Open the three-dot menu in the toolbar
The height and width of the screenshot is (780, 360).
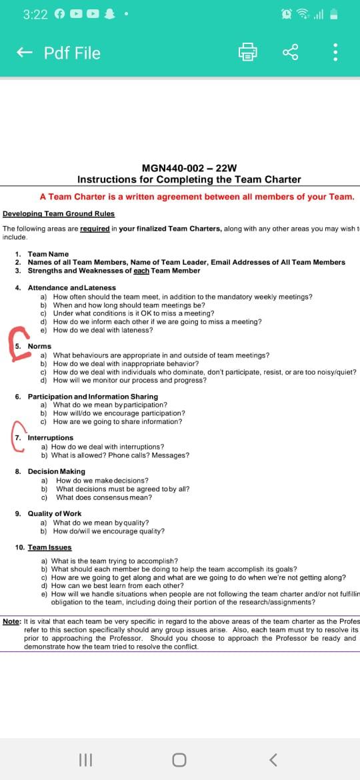(x=335, y=53)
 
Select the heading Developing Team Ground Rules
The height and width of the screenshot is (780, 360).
(x=59, y=214)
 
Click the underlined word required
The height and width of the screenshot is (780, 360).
(x=95, y=229)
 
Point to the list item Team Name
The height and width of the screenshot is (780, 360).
(x=48, y=254)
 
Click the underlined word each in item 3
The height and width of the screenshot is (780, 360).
(x=141, y=271)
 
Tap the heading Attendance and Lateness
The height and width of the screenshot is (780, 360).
(x=71, y=287)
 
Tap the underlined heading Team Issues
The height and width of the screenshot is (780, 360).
(x=49, y=547)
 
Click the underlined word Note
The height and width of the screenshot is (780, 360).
(x=11, y=621)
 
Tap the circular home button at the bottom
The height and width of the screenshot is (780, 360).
(x=179, y=759)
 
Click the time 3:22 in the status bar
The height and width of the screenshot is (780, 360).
(x=35, y=14)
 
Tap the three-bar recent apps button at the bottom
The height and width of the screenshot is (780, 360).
(x=85, y=759)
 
